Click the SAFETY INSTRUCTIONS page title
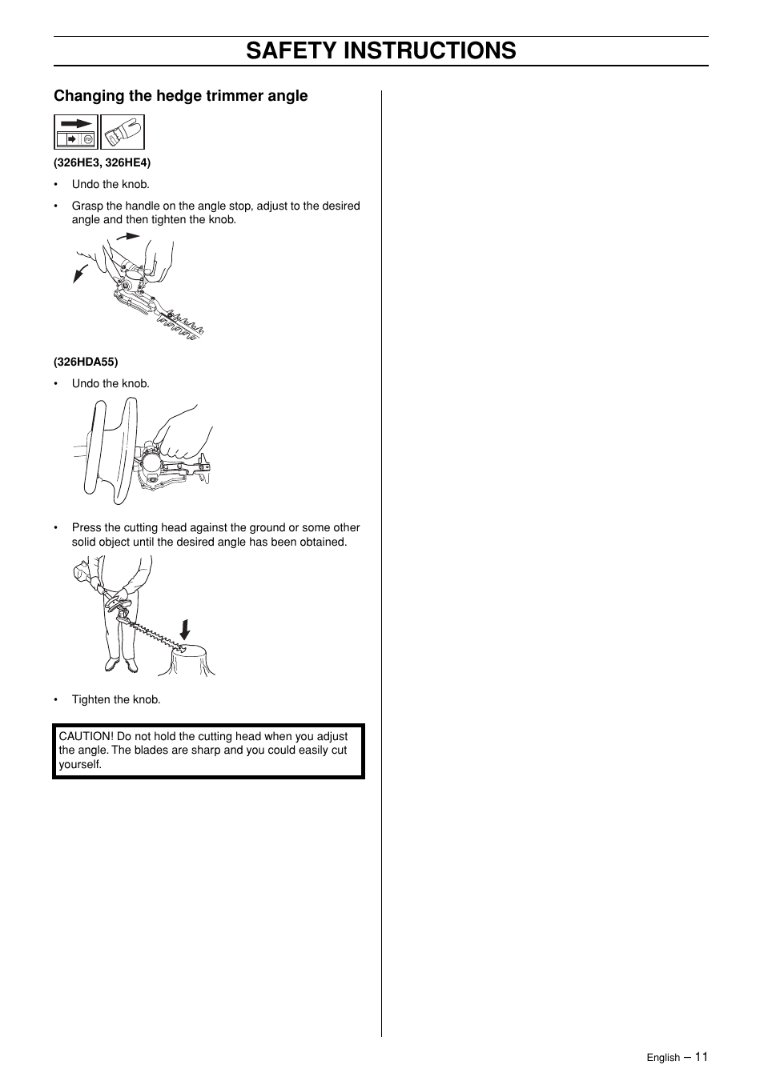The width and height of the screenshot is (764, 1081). [381, 50]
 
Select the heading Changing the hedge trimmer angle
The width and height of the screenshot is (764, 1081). [180, 96]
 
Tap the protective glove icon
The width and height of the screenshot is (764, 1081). [123, 132]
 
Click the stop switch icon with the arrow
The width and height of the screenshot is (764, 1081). [76, 132]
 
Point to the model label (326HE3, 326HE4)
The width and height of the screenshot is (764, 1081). [102, 162]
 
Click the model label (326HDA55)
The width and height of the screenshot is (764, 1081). [86, 362]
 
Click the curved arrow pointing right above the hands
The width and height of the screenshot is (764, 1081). [127, 236]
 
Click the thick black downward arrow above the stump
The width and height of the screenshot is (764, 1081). [185, 630]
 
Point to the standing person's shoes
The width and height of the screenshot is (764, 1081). [121, 665]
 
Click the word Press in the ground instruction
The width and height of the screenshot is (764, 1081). [86, 527]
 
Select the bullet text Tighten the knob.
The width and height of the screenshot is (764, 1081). [116, 699]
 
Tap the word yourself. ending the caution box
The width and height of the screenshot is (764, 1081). [80, 764]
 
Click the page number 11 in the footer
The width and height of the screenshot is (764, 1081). [701, 1056]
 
